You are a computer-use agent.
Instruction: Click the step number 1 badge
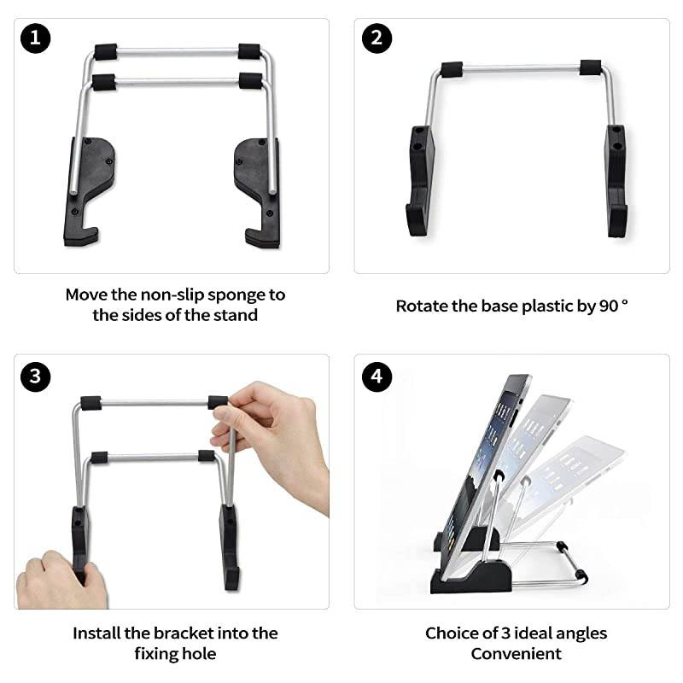[36, 38]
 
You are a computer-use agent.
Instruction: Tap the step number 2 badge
[377, 38]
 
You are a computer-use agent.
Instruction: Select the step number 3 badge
[36, 377]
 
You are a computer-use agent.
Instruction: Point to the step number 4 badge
[377, 377]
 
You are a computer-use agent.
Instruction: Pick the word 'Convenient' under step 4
[517, 654]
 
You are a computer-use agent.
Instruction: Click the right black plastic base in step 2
[615, 179]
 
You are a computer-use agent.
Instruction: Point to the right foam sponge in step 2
[590, 67]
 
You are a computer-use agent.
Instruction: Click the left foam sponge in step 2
[451, 68]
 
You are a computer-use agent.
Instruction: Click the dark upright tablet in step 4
[491, 452]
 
